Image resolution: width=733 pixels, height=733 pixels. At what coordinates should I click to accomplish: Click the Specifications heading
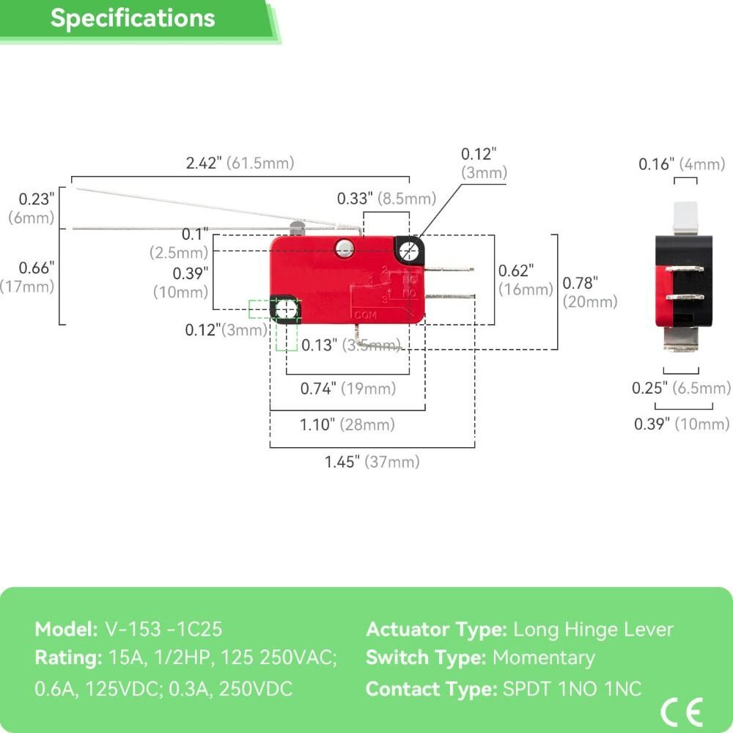click(133, 18)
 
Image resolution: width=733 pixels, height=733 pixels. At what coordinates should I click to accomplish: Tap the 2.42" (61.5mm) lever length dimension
click(240, 163)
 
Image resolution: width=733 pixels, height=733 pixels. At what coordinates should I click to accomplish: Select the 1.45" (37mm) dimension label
click(372, 462)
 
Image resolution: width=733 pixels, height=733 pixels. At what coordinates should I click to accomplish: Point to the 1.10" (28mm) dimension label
click(347, 424)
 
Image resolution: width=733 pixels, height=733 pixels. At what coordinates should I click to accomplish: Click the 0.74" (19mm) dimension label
click(347, 388)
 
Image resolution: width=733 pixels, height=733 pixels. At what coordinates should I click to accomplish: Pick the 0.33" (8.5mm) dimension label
click(386, 198)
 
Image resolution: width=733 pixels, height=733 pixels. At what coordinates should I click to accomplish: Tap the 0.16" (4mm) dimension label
click(681, 164)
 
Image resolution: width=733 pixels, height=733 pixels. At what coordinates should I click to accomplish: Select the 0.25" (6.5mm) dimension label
click(681, 388)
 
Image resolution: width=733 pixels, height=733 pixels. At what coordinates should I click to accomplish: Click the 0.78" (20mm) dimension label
click(589, 291)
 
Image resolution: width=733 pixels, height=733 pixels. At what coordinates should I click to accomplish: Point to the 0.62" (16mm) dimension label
click(526, 279)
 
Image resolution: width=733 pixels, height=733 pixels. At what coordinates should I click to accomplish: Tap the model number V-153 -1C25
click(163, 629)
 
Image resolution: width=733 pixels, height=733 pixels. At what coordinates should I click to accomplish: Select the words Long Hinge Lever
click(593, 629)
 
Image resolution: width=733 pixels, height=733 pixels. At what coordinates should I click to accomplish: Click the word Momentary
click(543, 658)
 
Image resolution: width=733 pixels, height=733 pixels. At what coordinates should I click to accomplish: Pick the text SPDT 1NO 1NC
click(572, 688)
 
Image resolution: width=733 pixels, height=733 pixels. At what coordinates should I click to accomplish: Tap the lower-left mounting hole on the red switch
click(287, 310)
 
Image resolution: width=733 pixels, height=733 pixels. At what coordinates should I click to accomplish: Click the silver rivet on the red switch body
click(342, 249)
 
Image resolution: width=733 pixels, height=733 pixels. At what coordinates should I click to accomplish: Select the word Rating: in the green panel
click(68, 658)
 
